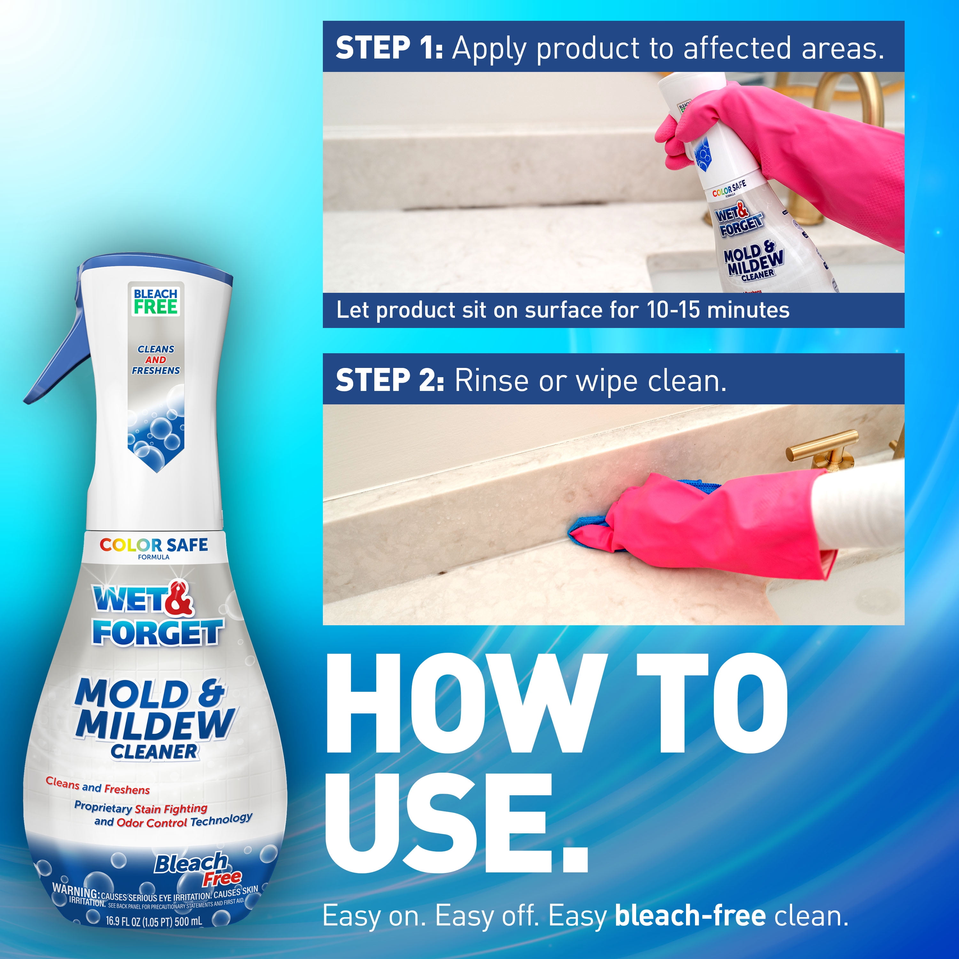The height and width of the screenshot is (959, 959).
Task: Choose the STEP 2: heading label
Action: [x=390, y=381]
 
